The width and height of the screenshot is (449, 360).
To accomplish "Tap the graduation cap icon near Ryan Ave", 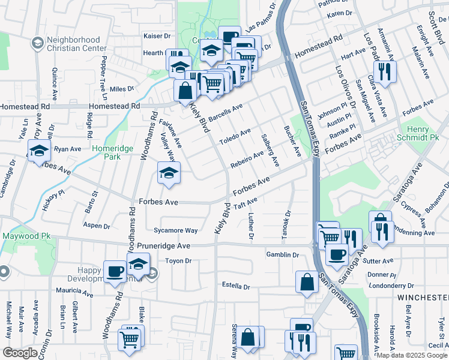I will [38, 151].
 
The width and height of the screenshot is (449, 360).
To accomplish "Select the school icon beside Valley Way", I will [169, 174].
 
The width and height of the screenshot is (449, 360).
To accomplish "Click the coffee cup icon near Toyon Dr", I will [115, 271].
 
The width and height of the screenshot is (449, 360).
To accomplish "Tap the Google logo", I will [20, 353].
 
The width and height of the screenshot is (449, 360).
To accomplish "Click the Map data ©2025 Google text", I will [412, 355].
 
